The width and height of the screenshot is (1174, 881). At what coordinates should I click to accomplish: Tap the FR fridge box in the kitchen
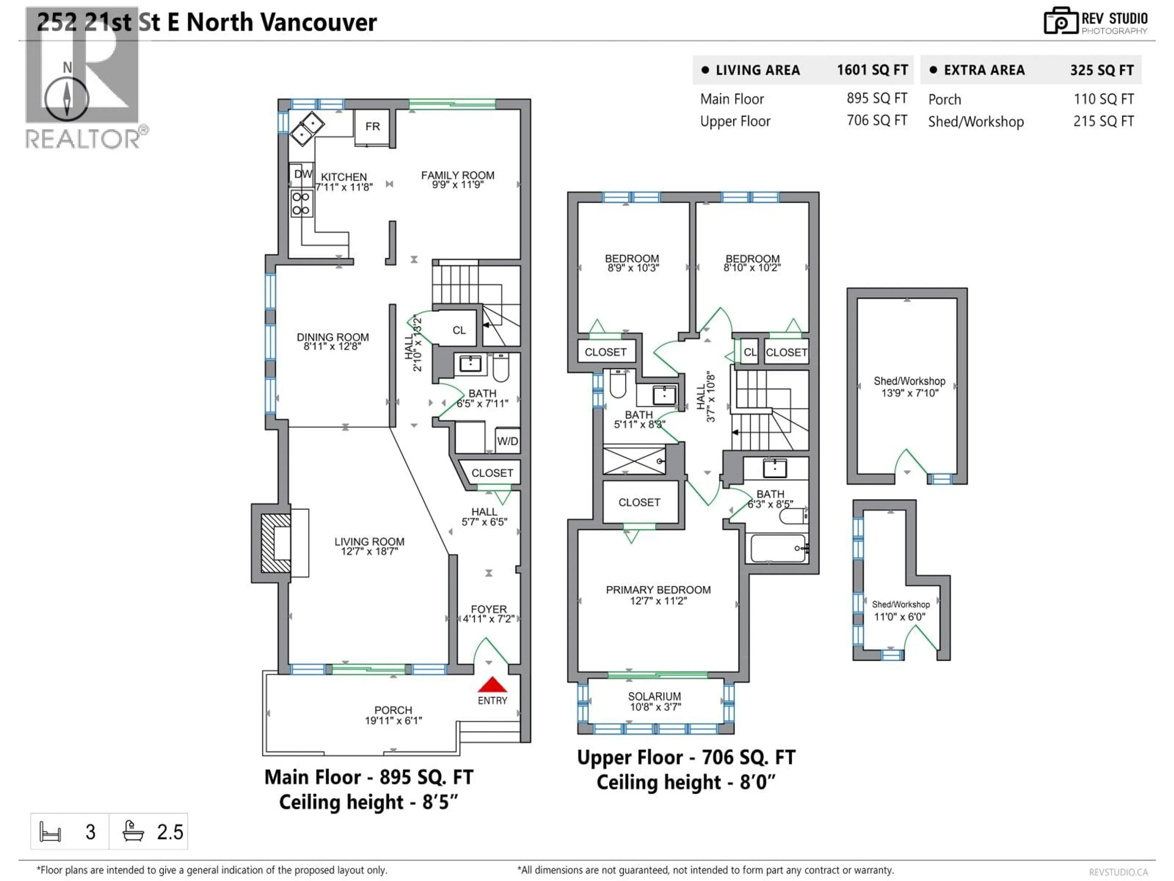373,127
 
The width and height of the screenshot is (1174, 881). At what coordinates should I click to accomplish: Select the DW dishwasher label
303,174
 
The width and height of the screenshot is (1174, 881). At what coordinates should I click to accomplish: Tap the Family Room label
457,175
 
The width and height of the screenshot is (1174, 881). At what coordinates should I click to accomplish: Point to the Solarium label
654,696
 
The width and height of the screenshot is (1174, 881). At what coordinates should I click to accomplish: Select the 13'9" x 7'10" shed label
910,393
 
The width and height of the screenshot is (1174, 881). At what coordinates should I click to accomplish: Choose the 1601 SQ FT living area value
872,70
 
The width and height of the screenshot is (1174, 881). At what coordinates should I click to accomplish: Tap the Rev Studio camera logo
1060,21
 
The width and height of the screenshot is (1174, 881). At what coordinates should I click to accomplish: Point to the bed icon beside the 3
50,832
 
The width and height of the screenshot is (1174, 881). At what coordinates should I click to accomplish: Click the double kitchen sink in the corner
307,128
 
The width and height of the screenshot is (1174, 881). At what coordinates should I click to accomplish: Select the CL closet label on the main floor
459,330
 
